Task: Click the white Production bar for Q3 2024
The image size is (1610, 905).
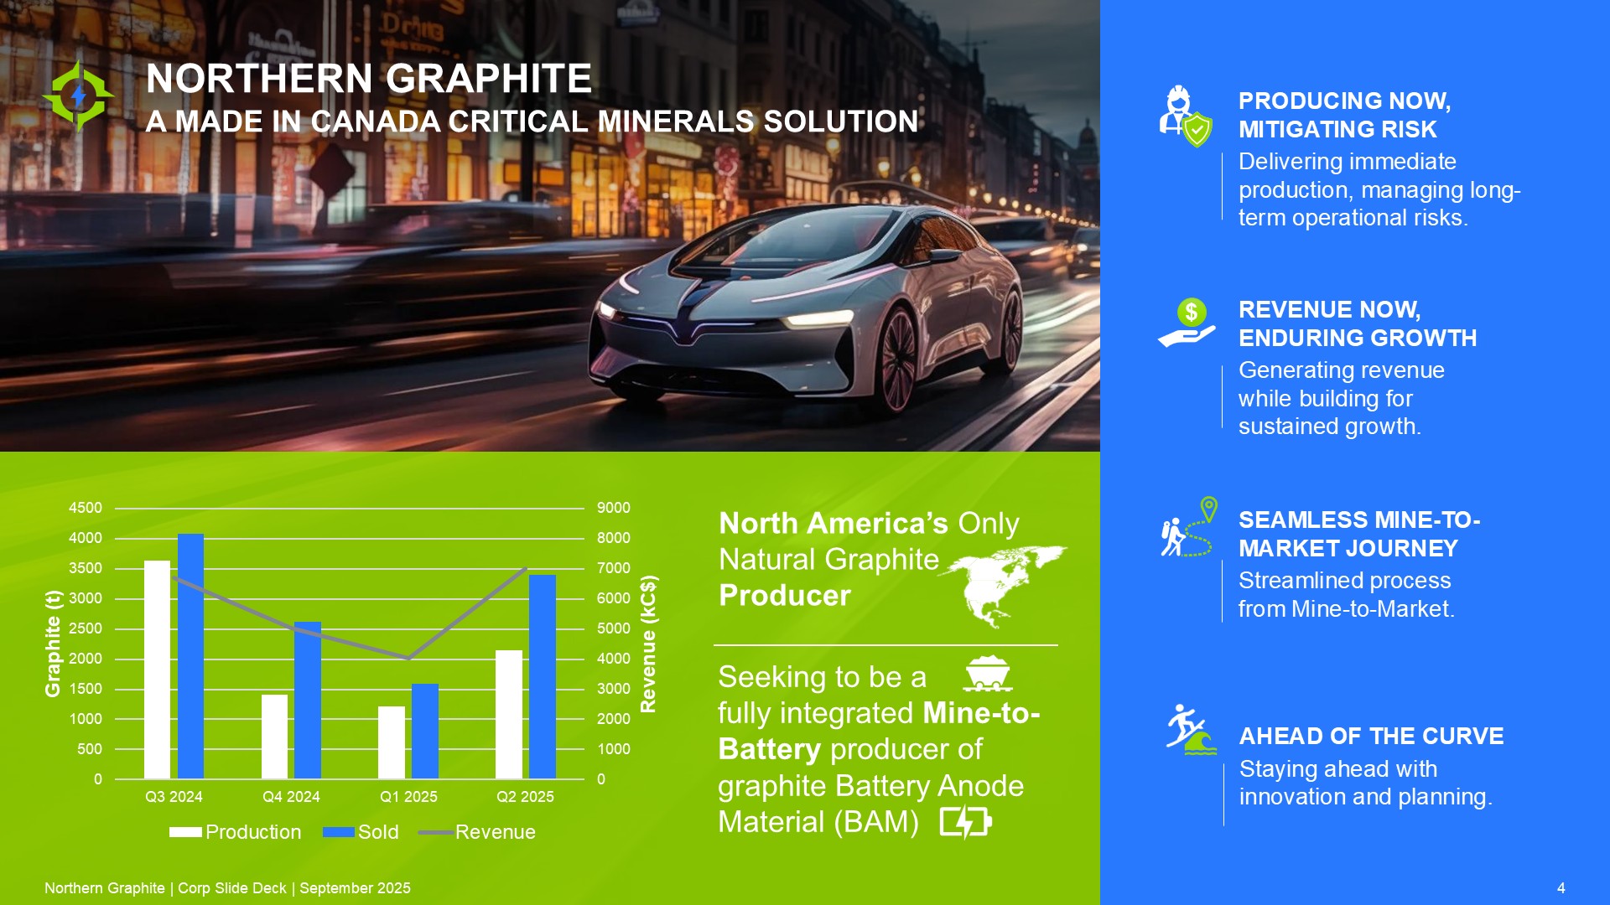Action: pyautogui.click(x=157, y=670)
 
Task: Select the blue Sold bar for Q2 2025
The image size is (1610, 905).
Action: pyautogui.click(x=543, y=677)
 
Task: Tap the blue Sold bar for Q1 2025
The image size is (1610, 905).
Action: pyautogui.click(x=425, y=732)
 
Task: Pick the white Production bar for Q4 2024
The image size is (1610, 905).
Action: pyautogui.click(x=274, y=737)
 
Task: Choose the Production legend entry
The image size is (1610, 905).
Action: pyautogui.click(x=235, y=832)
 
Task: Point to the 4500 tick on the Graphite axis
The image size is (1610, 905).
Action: pyautogui.click(x=86, y=508)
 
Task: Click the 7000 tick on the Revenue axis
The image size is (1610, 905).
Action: pyautogui.click(x=614, y=568)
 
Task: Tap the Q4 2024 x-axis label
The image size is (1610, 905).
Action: pyautogui.click(x=291, y=797)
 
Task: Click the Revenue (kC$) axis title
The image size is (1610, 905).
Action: pyautogui.click(x=649, y=644)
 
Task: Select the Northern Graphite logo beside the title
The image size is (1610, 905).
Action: pyautogui.click(x=78, y=96)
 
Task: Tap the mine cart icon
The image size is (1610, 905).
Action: pyautogui.click(x=988, y=674)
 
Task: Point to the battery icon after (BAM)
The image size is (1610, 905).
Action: pyautogui.click(x=966, y=822)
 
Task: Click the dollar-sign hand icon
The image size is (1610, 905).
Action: pyautogui.click(x=1187, y=323)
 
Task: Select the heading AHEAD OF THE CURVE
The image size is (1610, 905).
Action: pyautogui.click(x=1372, y=736)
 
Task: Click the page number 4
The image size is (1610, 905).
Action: pyautogui.click(x=1561, y=888)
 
